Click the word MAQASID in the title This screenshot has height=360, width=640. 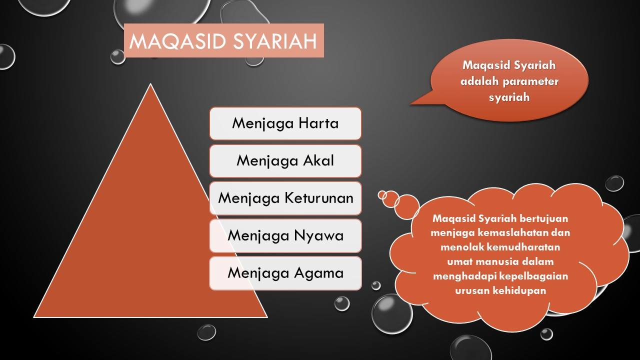178,41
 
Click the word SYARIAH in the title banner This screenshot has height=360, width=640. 275,41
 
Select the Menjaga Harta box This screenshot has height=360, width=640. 285,123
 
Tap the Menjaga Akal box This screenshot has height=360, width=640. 285,161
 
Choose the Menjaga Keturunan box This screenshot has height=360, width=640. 285,198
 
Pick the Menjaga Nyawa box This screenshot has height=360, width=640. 285,235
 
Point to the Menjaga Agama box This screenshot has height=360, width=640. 285,273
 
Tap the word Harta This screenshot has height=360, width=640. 318,123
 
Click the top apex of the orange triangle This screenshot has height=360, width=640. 150,83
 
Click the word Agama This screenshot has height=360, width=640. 319,273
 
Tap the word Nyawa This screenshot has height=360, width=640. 319,235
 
